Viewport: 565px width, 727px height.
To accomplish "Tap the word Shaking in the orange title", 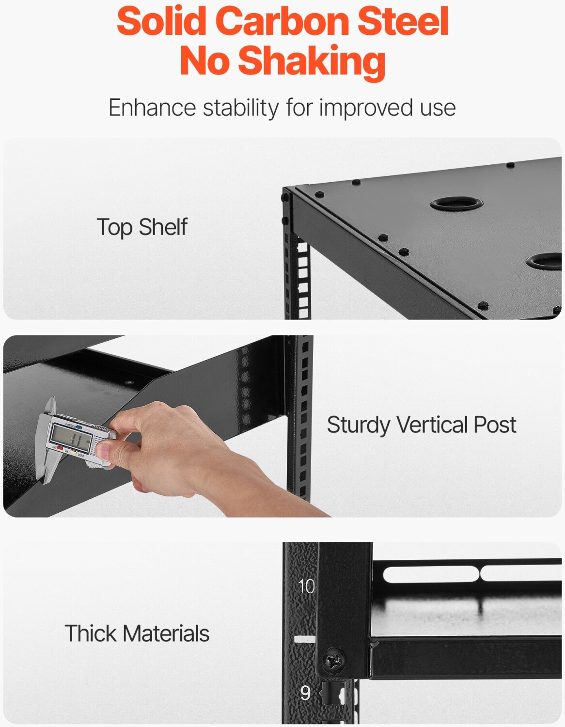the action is [312, 61].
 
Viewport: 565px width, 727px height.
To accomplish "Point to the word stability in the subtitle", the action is [241, 108].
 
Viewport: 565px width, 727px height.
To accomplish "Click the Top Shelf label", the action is [142, 227].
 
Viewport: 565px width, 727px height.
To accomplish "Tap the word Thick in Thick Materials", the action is [90, 633].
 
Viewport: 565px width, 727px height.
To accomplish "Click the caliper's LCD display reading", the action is [72, 435].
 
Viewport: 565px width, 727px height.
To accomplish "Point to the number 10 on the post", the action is [306, 586].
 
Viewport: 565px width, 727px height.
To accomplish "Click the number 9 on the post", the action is [305, 693].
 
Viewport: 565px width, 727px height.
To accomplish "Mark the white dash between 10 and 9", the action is [305, 639].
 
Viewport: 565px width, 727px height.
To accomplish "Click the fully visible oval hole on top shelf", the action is [456, 203].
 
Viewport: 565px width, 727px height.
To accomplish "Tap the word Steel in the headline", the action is [403, 22].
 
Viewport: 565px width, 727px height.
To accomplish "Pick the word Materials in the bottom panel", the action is [166, 633].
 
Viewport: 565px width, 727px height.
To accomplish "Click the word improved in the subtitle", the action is [366, 108].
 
